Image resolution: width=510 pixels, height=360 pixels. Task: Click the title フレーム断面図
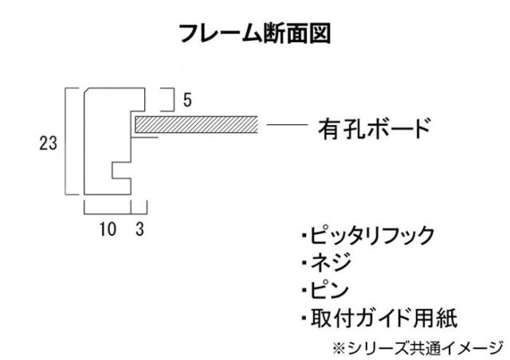click(254, 33)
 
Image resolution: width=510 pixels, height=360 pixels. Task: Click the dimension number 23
click(48, 143)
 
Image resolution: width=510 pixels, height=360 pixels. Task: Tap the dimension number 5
click(186, 100)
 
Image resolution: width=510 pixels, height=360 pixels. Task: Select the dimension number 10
click(107, 229)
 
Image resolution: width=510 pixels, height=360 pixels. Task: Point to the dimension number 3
click(141, 229)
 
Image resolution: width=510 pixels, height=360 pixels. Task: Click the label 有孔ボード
click(374, 127)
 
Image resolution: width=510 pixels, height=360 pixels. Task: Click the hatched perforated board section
click(196, 123)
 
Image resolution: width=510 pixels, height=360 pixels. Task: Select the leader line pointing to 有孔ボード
click(287, 125)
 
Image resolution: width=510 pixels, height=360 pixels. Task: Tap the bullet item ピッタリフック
click(370, 236)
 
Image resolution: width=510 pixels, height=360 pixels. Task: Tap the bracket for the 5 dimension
click(170, 100)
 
